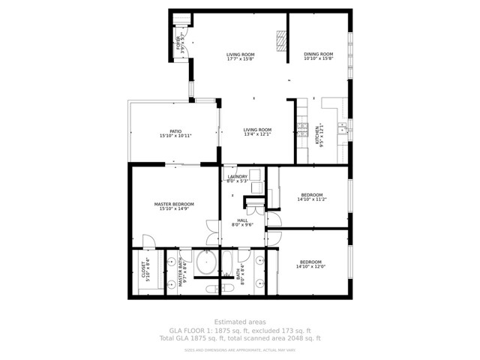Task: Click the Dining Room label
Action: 318,54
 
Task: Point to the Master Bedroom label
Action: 174,204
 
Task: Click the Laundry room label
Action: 237,176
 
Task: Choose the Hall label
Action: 242,220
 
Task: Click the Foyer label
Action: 178,45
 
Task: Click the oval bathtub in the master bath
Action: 205,263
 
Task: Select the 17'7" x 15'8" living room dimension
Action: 241,59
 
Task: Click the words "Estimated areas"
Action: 239,322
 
